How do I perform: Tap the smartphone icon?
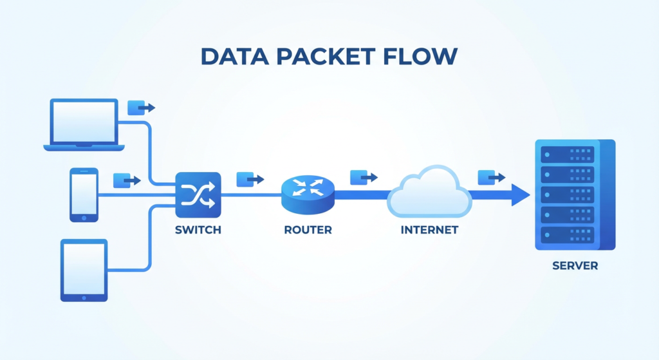(84, 194)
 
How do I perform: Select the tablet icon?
(84, 270)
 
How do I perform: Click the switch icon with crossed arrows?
(198, 194)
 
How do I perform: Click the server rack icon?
(575, 194)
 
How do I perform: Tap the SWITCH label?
(198, 230)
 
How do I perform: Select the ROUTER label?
(308, 230)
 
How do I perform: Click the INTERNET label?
(429, 230)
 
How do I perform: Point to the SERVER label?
(575, 265)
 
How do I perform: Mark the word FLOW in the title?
(425, 57)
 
